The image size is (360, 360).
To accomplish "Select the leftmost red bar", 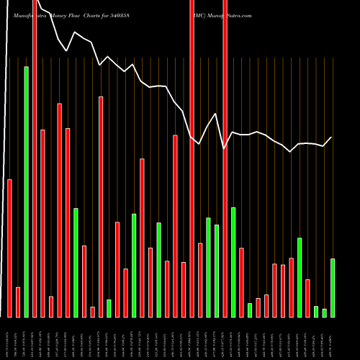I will tap(10, 248).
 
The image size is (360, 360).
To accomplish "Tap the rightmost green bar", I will tap(333, 287).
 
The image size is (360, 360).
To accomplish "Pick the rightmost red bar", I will tap(307, 298).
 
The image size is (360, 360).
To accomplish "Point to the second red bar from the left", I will tap(18, 302).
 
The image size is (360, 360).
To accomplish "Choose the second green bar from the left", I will tap(76, 262).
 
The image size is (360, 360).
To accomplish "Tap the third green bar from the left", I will tap(109, 308).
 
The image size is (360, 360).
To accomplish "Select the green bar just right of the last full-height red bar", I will tap(233, 262).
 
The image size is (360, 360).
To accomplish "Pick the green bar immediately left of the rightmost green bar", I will tap(325, 312).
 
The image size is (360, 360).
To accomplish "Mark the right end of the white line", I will tap(332, 138).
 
